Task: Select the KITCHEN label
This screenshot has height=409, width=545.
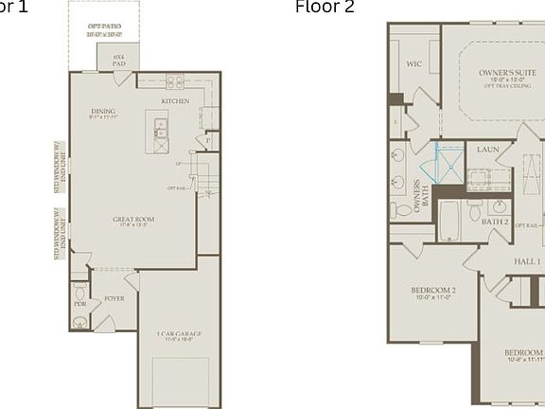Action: (x=175, y=101)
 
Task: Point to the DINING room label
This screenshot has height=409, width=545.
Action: (x=104, y=114)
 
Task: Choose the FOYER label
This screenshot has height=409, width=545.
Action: (x=114, y=298)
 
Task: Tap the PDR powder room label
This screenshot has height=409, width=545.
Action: (x=80, y=304)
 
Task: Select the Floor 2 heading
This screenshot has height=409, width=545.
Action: (x=325, y=8)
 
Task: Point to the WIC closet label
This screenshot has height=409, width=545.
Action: (x=413, y=64)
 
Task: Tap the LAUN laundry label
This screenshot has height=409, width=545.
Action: (x=488, y=150)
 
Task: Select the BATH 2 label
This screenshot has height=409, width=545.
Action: (x=496, y=222)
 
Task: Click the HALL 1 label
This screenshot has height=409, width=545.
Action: (x=527, y=261)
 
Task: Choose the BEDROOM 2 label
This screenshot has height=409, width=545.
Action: (x=433, y=293)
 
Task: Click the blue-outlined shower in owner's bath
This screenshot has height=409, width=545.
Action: (x=449, y=168)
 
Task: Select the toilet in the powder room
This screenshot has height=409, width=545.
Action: (x=80, y=290)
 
